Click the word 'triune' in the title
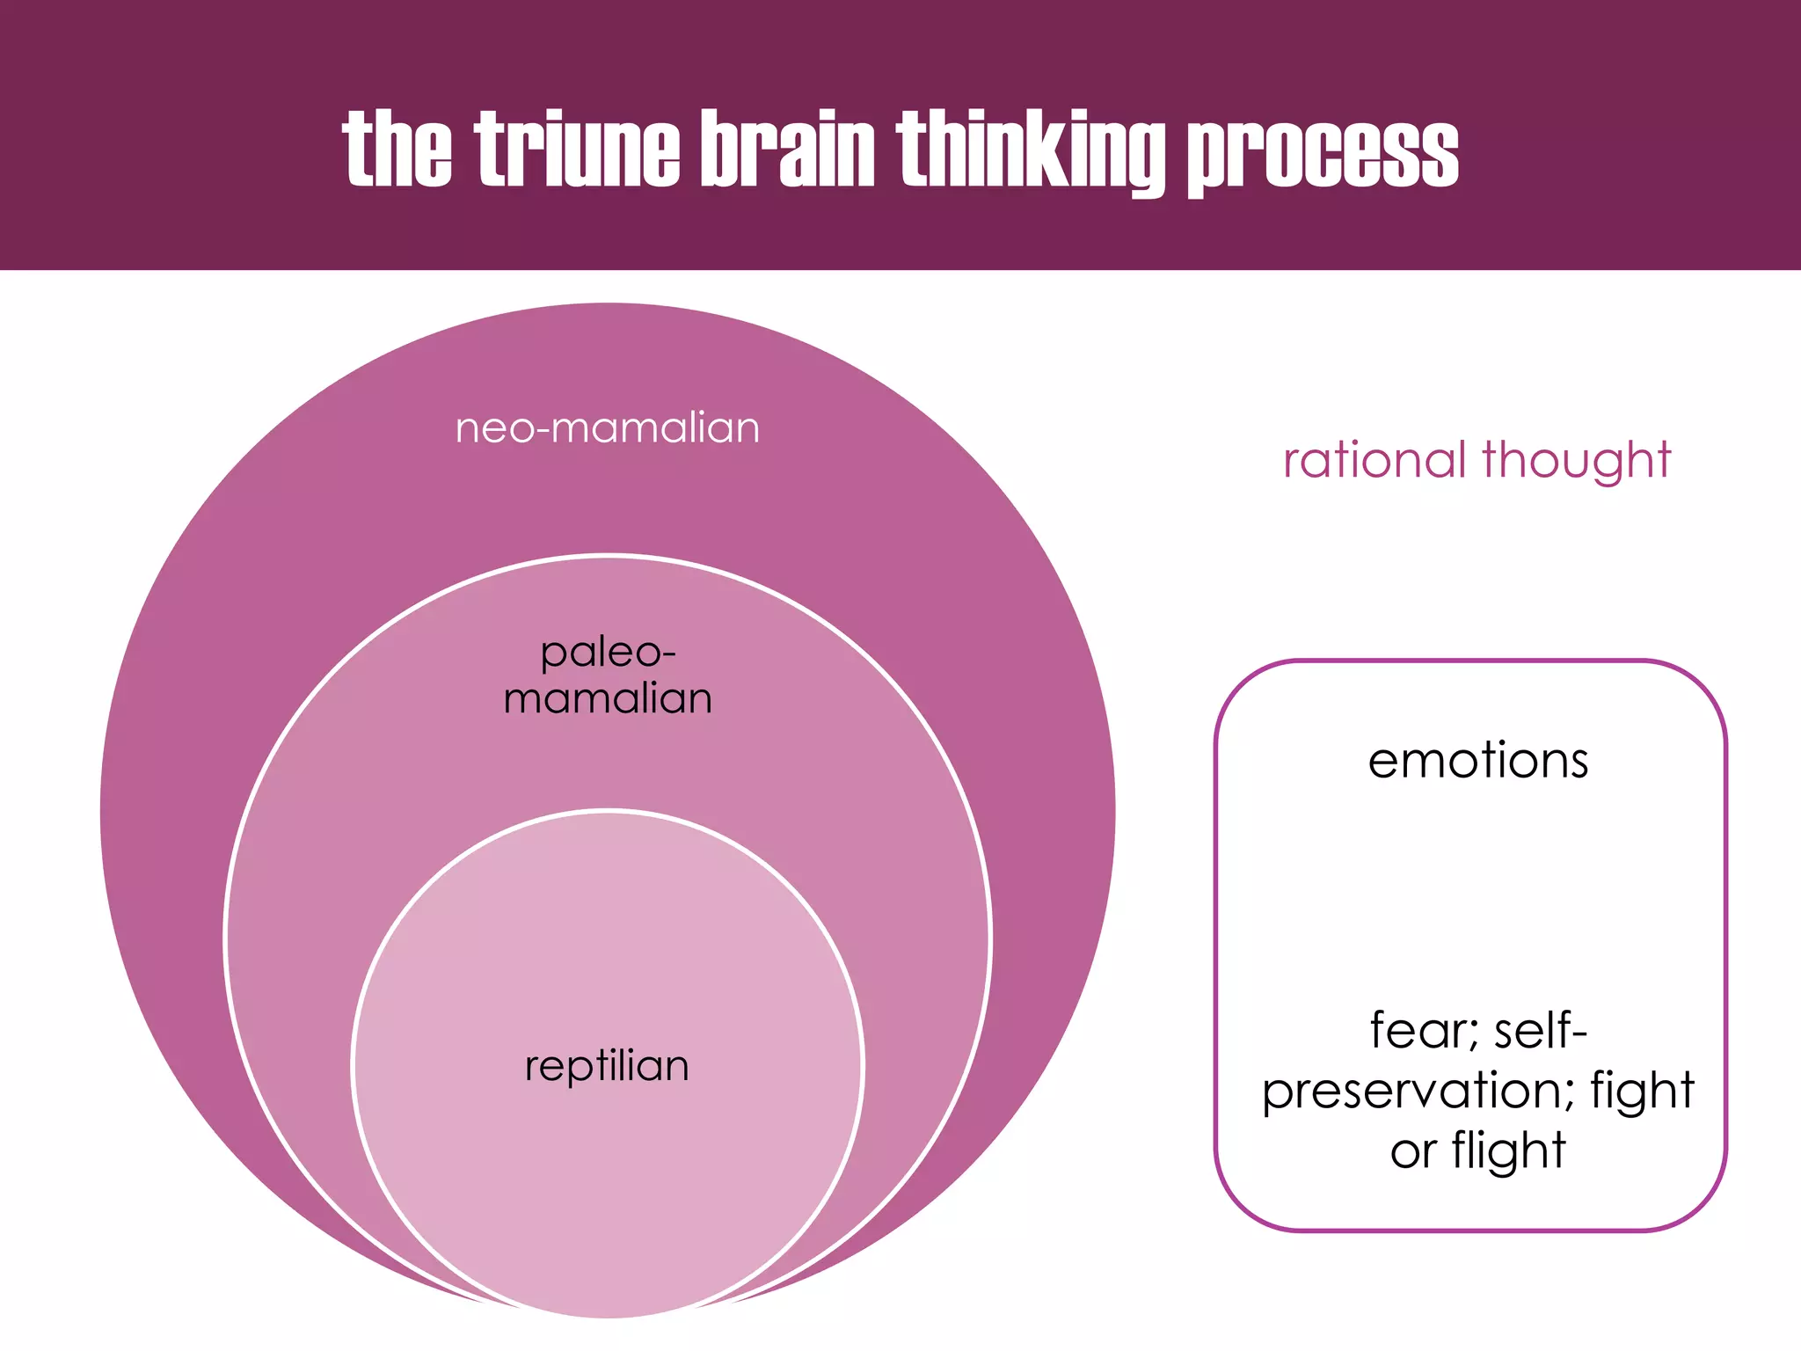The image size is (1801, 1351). coord(578,150)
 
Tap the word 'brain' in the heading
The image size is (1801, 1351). coord(787,150)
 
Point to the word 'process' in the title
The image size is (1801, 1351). coord(1323,151)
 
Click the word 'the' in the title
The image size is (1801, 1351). coord(397,150)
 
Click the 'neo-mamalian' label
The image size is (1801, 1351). coord(608,428)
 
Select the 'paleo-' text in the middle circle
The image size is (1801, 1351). coord(608,653)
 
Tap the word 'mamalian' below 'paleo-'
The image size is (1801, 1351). coord(608,698)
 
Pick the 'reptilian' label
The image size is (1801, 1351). coord(607,1066)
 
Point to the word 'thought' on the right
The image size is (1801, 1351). coord(1576,460)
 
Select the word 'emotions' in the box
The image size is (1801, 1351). coord(1478,760)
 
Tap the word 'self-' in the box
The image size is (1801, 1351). coord(1541,1030)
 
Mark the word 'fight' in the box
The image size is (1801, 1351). coord(1642,1092)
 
